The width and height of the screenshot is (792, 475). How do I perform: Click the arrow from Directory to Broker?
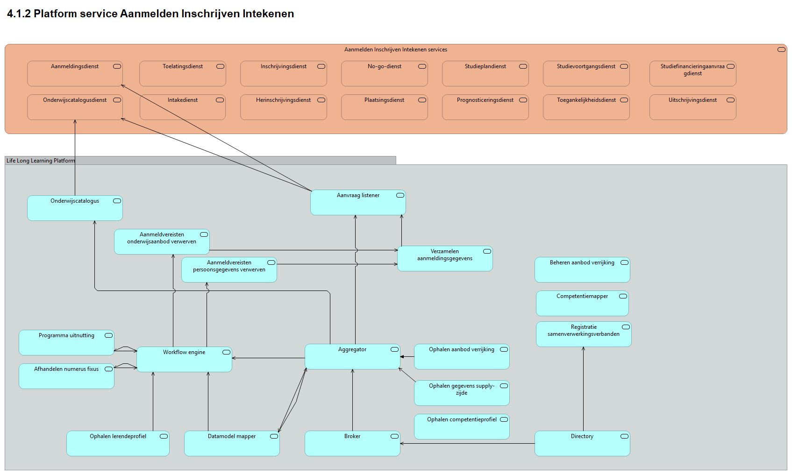coord(467,443)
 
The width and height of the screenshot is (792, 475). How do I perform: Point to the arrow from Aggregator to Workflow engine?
coord(269,358)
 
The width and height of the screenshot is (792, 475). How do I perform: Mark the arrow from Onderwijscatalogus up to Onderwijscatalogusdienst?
coord(75,159)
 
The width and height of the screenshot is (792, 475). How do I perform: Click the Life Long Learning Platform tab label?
coord(41,161)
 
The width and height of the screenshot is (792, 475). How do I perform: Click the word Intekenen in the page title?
coord(268,14)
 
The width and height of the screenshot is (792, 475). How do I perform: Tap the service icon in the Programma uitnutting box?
coord(108,335)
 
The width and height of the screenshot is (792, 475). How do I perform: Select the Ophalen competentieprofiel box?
coord(462,427)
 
